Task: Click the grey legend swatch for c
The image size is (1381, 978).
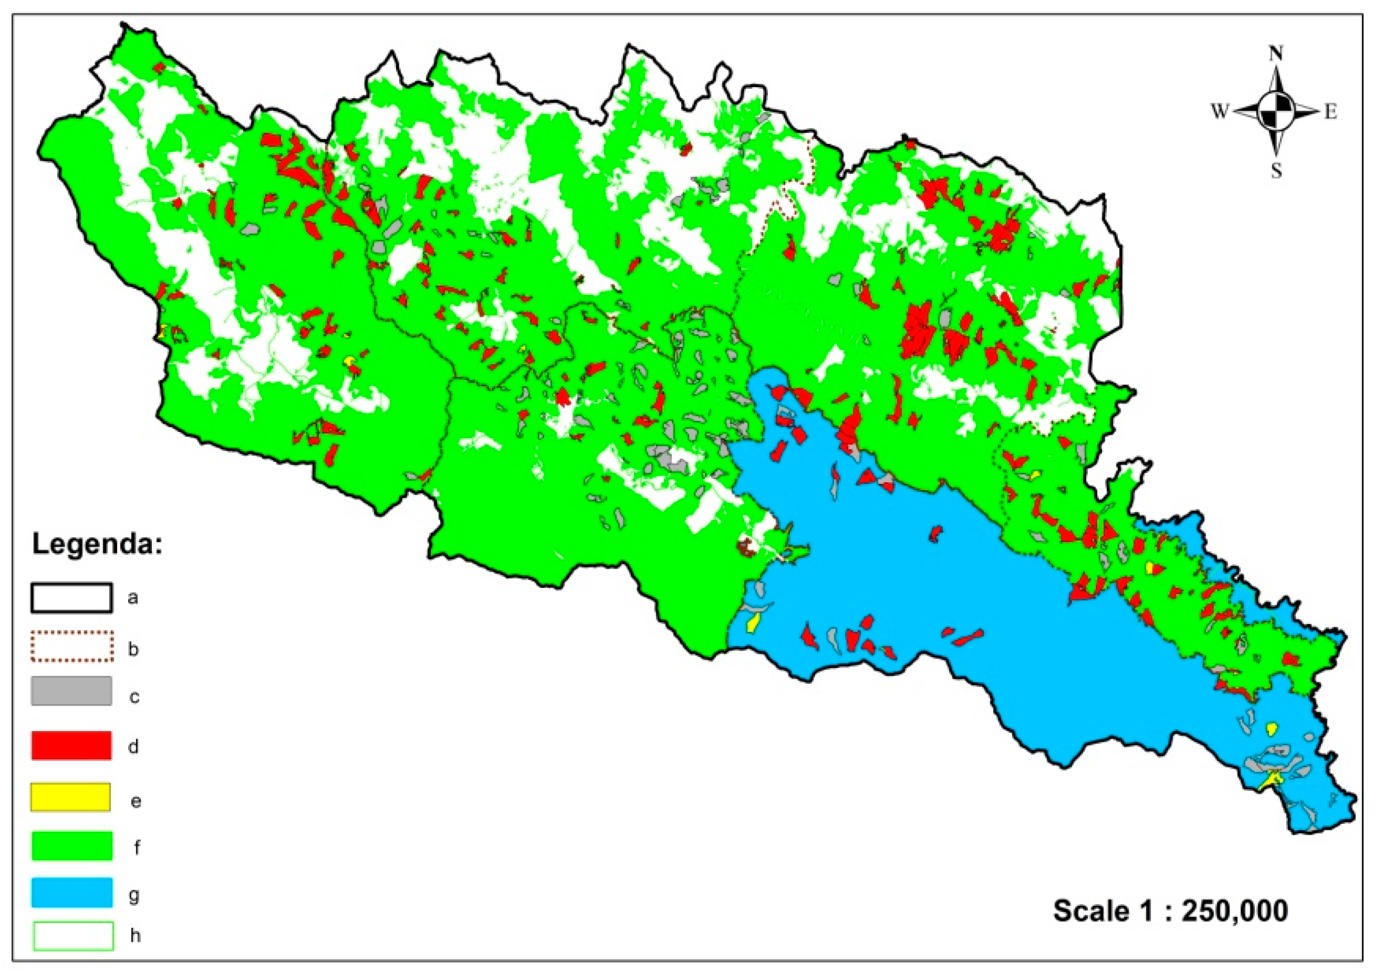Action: [71, 690]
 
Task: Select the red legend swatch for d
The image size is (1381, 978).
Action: [71, 745]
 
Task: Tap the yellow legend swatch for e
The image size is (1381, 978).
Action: [71, 797]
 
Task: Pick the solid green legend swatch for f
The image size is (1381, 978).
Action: [71, 846]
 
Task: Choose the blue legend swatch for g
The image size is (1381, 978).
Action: [71, 893]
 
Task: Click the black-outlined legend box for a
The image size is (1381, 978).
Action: [71, 598]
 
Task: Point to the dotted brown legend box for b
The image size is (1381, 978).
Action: [71, 646]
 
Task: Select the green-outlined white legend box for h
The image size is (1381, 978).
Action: [73, 936]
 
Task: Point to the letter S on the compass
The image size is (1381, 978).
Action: [1276, 171]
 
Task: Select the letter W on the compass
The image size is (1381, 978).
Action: [1219, 111]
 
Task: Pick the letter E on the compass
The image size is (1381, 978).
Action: [1330, 111]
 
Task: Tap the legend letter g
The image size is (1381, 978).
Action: [135, 895]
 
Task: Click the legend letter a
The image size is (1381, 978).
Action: [133, 598]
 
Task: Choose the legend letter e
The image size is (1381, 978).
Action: [136, 801]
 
